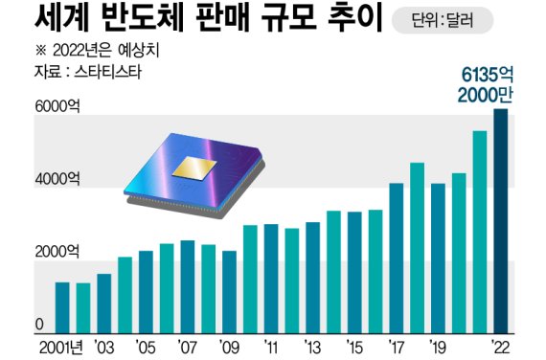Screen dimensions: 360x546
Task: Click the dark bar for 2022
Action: (x=501, y=222)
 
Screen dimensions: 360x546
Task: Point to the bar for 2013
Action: (x=313, y=278)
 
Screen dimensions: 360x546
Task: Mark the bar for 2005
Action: (x=147, y=292)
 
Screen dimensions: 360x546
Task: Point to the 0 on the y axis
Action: (x=40, y=324)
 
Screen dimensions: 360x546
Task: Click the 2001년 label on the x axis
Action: (x=61, y=346)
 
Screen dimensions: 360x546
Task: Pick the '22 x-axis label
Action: (x=501, y=346)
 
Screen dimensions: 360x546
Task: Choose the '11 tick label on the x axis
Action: (x=271, y=346)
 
